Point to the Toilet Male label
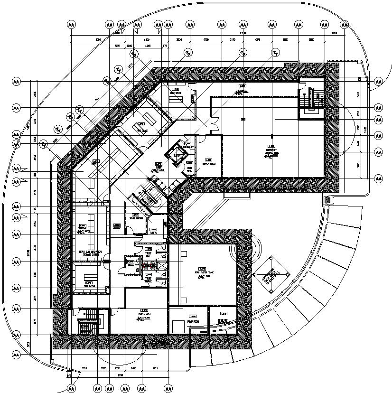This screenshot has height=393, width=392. (148, 254)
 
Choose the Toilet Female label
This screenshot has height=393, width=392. (148, 280)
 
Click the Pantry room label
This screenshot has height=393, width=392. (153, 233)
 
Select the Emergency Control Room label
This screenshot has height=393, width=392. (271, 153)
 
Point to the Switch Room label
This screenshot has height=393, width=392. (207, 164)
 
